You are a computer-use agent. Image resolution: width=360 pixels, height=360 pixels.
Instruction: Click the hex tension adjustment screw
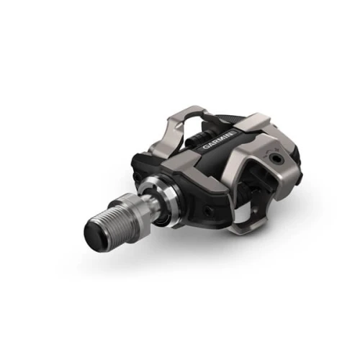click(274, 158)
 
